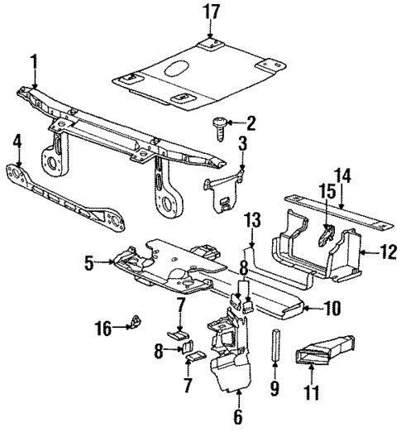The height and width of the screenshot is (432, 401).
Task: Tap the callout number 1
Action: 35,60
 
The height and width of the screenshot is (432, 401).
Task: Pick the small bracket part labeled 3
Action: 221,192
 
